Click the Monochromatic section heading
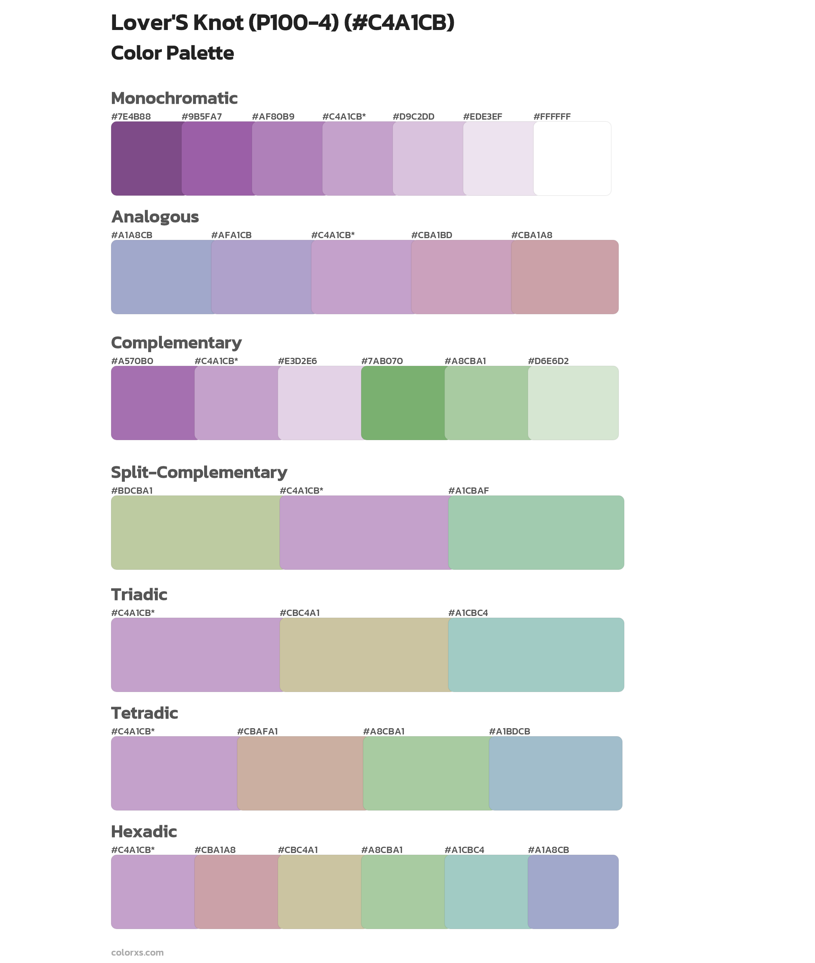pyautogui.click(x=174, y=99)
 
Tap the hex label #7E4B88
pyautogui.click(x=131, y=117)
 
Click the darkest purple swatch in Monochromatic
pyautogui.click(x=146, y=159)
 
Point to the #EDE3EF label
pyautogui.click(x=482, y=117)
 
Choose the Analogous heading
pyautogui.click(x=155, y=217)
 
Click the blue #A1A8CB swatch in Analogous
pyautogui.click(x=161, y=277)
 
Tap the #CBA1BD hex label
pyautogui.click(x=432, y=235)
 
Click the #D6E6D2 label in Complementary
pyautogui.click(x=548, y=361)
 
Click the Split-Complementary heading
pyautogui.click(x=199, y=473)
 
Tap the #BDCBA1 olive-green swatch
pyautogui.click(x=196, y=533)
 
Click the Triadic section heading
pyautogui.click(x=139, y=595)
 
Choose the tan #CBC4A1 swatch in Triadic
pyautogui.click(x=364, y=655)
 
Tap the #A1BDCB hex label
pyautogui.click(x=509, y=732)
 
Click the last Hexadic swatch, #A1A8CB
pyautogui.click(x=573, y=892)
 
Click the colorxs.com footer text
pyautogui.click(x=137, y=952)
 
